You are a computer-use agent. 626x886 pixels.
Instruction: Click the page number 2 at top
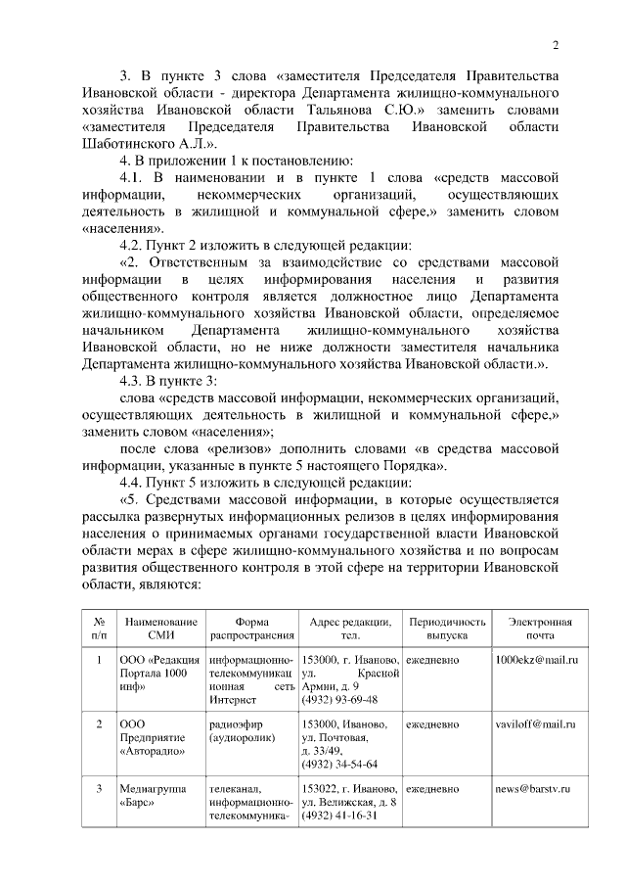(556, 43)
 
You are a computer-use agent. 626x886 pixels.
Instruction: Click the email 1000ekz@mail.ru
(537, 661)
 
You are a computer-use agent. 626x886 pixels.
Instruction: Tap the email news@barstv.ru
(532, 788)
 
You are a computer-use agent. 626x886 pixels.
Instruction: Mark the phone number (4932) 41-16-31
(339, 816)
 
